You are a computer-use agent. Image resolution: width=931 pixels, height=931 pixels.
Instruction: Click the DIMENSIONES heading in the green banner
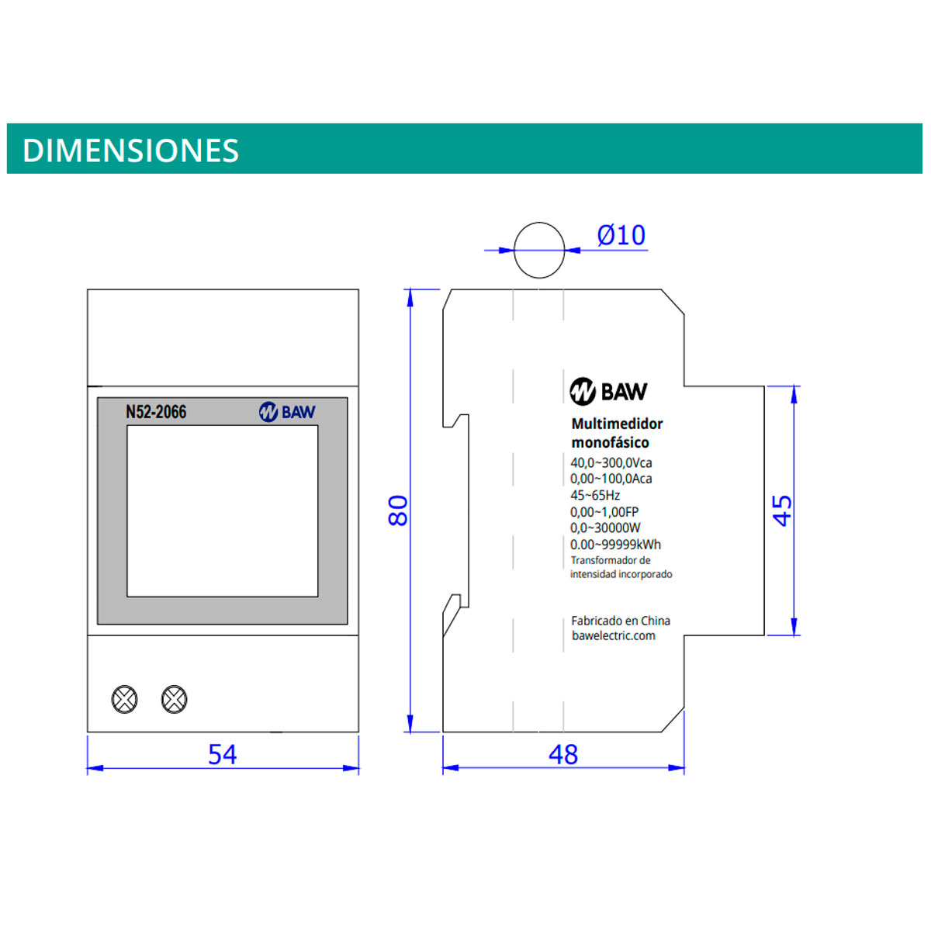pos(130,151)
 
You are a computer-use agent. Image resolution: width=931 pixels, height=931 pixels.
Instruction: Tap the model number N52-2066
pos(156,412)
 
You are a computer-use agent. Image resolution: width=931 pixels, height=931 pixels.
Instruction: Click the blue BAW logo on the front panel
pos(287,412)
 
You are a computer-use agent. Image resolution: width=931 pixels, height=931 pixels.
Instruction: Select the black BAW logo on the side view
pos(608,391)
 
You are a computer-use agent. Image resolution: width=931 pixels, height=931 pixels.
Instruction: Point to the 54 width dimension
pos(222,754)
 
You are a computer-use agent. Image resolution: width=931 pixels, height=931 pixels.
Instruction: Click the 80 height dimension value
pos(398,510)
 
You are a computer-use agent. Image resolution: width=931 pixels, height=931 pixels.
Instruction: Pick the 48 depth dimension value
pos(562,754)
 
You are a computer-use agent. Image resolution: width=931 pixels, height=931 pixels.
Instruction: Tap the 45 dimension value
pos(783,510)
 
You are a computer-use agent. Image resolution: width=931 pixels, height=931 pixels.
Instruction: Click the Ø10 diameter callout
pos(621,235)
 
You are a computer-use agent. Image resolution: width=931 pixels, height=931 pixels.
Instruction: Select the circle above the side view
pos(539,223)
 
